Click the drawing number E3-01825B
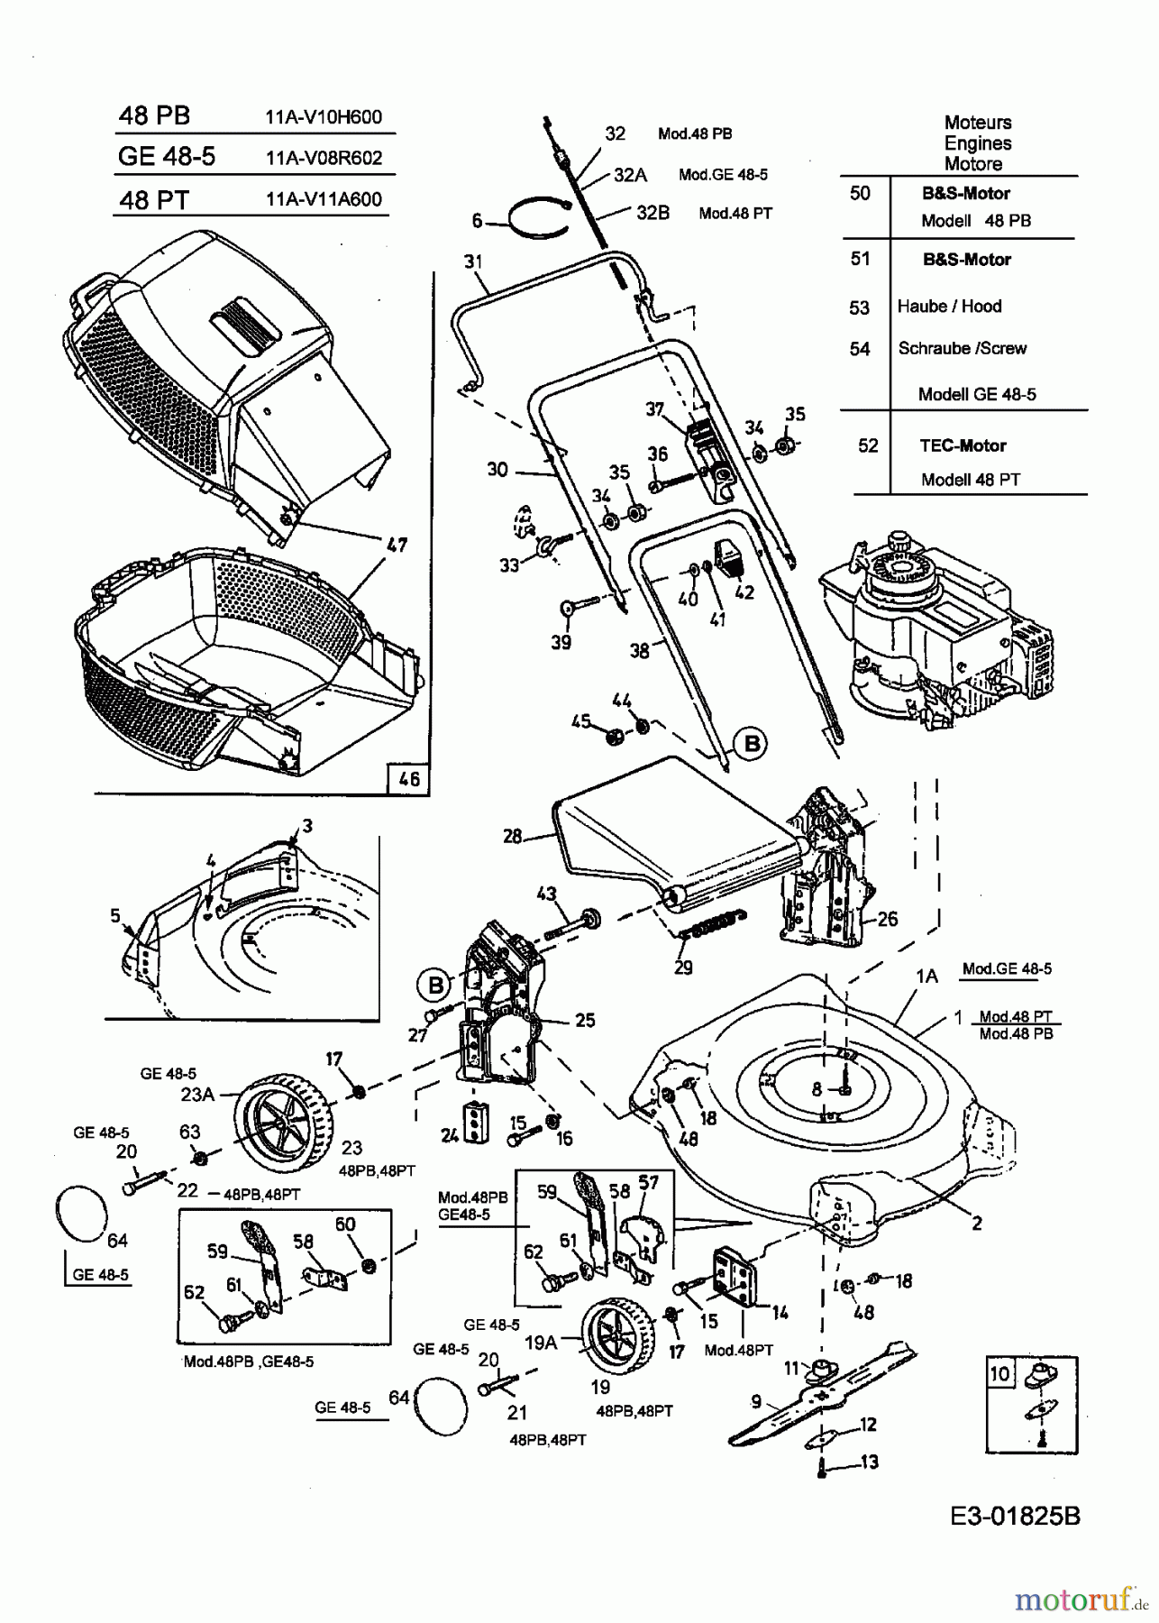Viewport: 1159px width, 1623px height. pyautogui.click(x=1014, y=1516)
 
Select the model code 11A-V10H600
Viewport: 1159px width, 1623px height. pyautogui.click(x=324, y=116)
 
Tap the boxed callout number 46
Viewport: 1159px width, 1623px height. pyautogui.click(x=408, y=778)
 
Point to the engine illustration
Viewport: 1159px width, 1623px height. pyautogui.click(x=936, y=632)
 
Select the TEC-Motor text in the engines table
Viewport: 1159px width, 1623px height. pyautogui.click(x=963, y=445)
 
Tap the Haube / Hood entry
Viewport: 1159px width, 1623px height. pyautogui.click(x=949, y=307)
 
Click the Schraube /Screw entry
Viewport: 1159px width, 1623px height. pyautogui.click(x=962, y=348)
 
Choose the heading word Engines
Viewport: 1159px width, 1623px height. pyautogui.click(x=978, y=143)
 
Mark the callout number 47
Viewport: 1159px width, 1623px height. pyautogui.click(x=397, y=546)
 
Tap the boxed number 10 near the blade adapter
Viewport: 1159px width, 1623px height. pyautogui.click(x=1000, y=1374)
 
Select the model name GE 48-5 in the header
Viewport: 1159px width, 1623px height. pyautogui.click(x=167, y=156)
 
